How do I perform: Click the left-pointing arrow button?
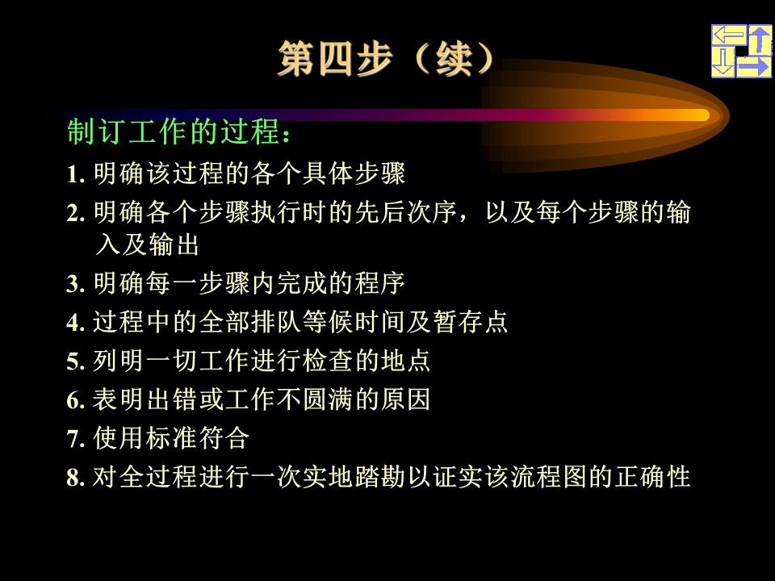729,36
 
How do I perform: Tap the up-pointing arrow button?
760,40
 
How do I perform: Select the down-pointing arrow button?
723,63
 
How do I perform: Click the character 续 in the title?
454,58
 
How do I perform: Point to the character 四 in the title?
336,58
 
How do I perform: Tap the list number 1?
75,174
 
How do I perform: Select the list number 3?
75,284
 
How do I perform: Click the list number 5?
75,362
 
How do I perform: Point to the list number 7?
75,439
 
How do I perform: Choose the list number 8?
75,477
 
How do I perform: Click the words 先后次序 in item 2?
405,212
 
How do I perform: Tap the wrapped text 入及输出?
147,245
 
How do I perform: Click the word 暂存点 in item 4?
470,322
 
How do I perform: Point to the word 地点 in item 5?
405,361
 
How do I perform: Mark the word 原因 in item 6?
405,399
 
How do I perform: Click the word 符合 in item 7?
224,438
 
